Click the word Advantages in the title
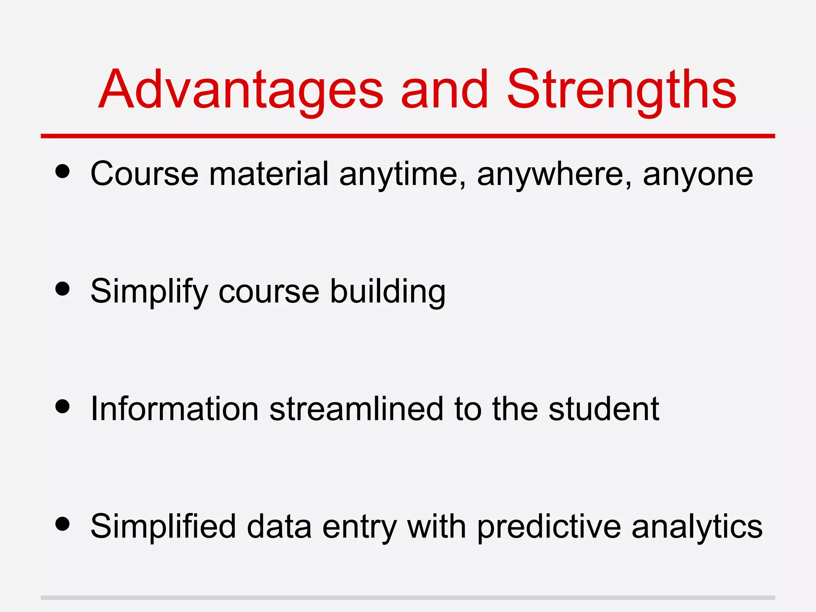(241, 90)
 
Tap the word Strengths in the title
(622, 90)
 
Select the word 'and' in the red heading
(444, 90)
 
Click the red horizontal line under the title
(408, 136)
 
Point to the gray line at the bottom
(408, 598)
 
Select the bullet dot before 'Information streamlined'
(63, 407)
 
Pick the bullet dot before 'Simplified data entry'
(63, 524)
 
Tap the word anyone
(698, 175)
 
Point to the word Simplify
(149, 292)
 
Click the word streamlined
(356, 409)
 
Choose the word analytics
(697, 527)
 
